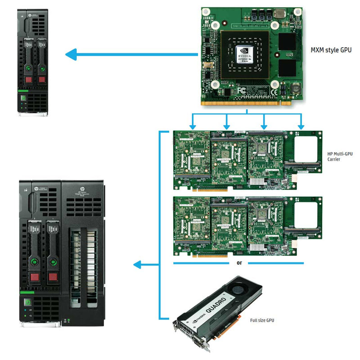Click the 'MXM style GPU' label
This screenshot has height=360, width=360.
click(331, 50)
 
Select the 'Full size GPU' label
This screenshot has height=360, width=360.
click(262, 320)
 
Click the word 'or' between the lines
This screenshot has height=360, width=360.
click(239, 263)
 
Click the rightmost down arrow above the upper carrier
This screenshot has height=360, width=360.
click(301, 122)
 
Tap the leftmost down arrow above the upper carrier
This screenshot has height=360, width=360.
click(193, 122)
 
